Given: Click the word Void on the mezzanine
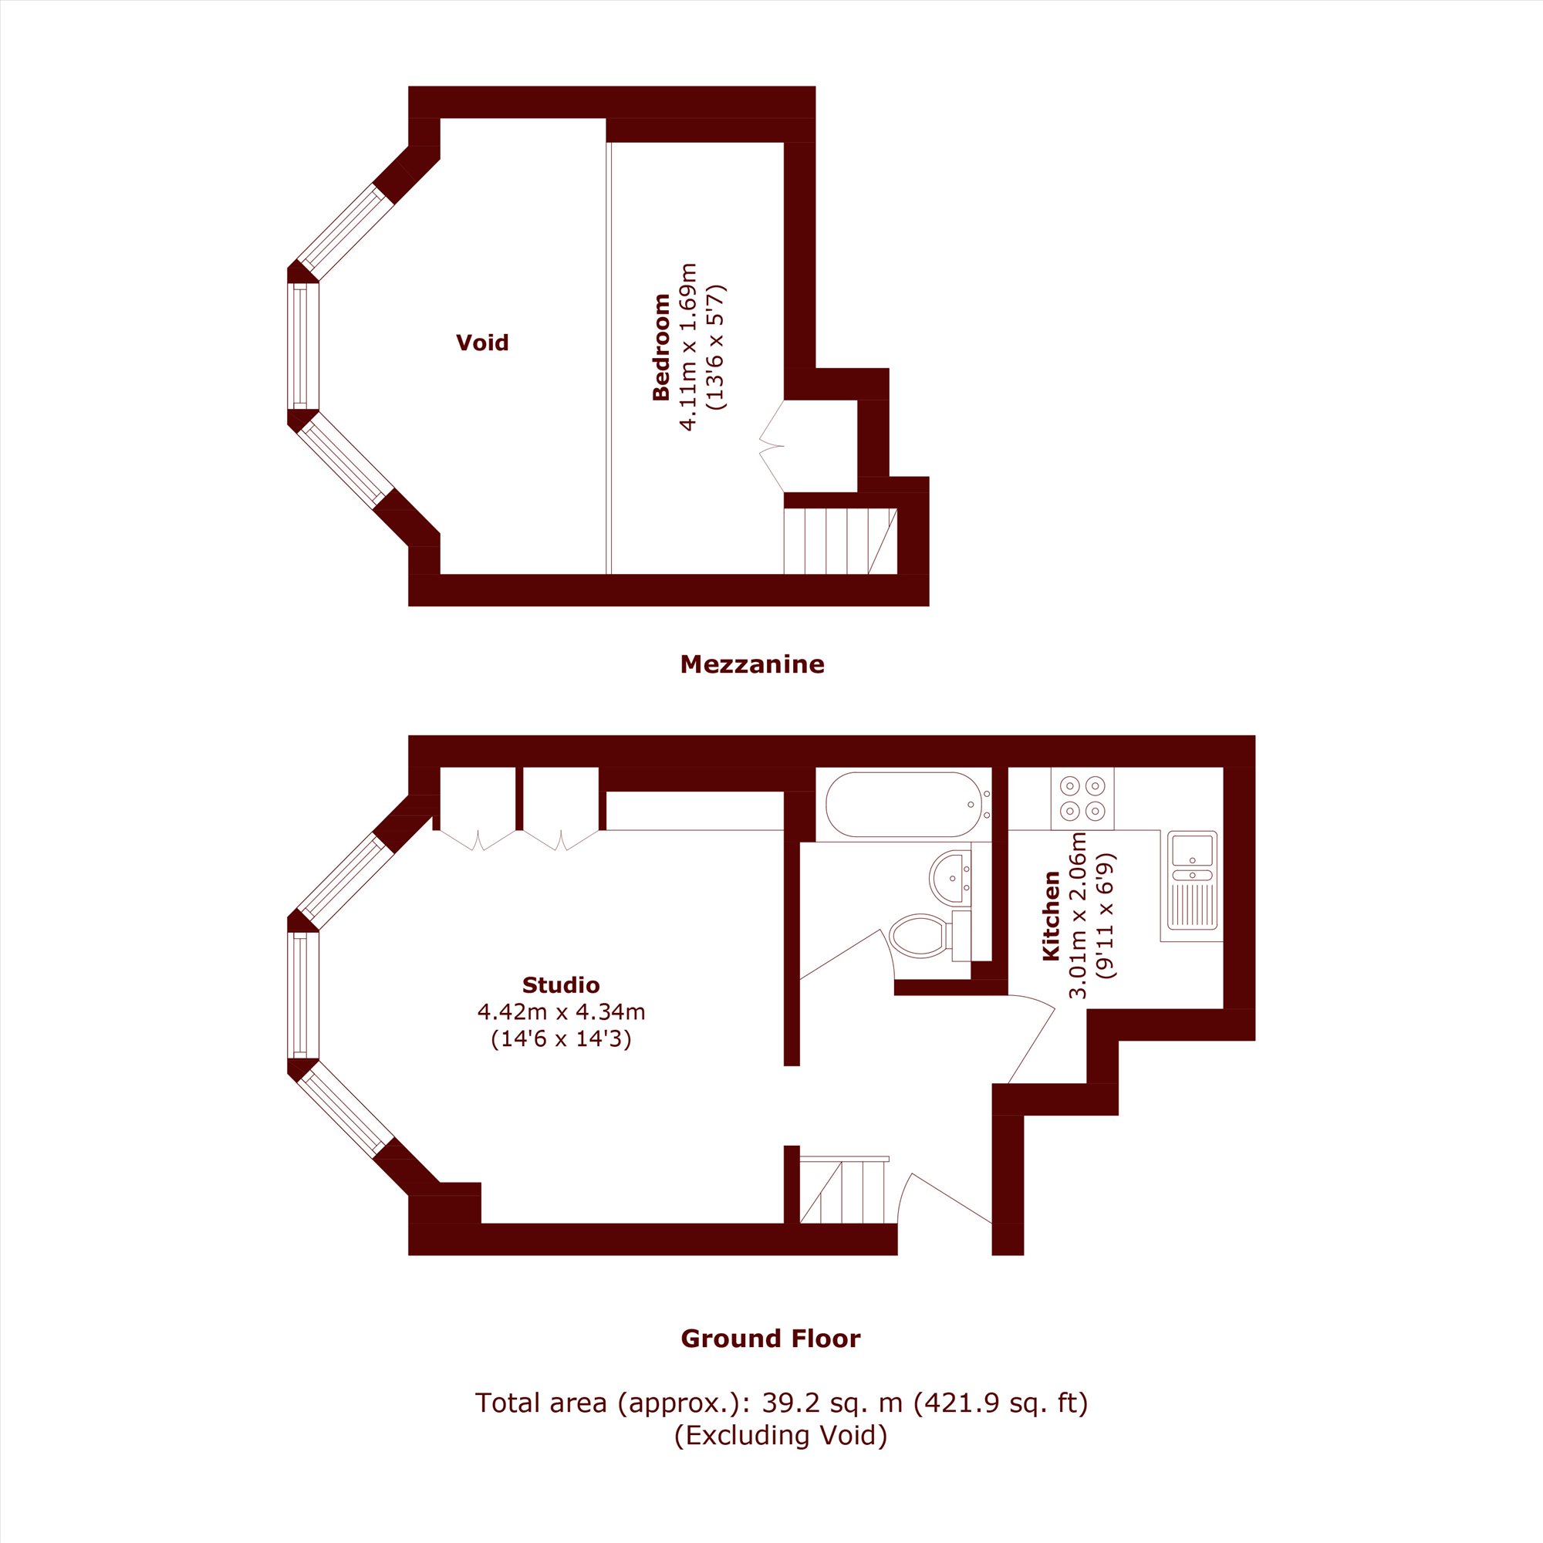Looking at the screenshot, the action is click(x=481, y=343).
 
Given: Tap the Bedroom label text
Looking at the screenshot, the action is click(x=660, y=346).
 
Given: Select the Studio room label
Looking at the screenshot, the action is click(x=561, y=984).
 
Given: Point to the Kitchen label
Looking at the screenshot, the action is click(x=1051, y=916).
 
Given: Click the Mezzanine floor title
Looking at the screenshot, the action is click(x=751, y=664).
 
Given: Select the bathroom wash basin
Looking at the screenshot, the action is click(x=950, y=878).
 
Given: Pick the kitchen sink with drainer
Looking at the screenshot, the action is click(x=1192, y=881).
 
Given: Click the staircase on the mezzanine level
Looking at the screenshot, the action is click(x=840, y=541).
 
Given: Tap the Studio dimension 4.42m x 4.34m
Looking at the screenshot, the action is click(x=561, y=1012).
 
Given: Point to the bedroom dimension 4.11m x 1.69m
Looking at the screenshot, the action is click(x=687, y=346).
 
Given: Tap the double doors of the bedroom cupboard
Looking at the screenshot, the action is click(x=771, y=446).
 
